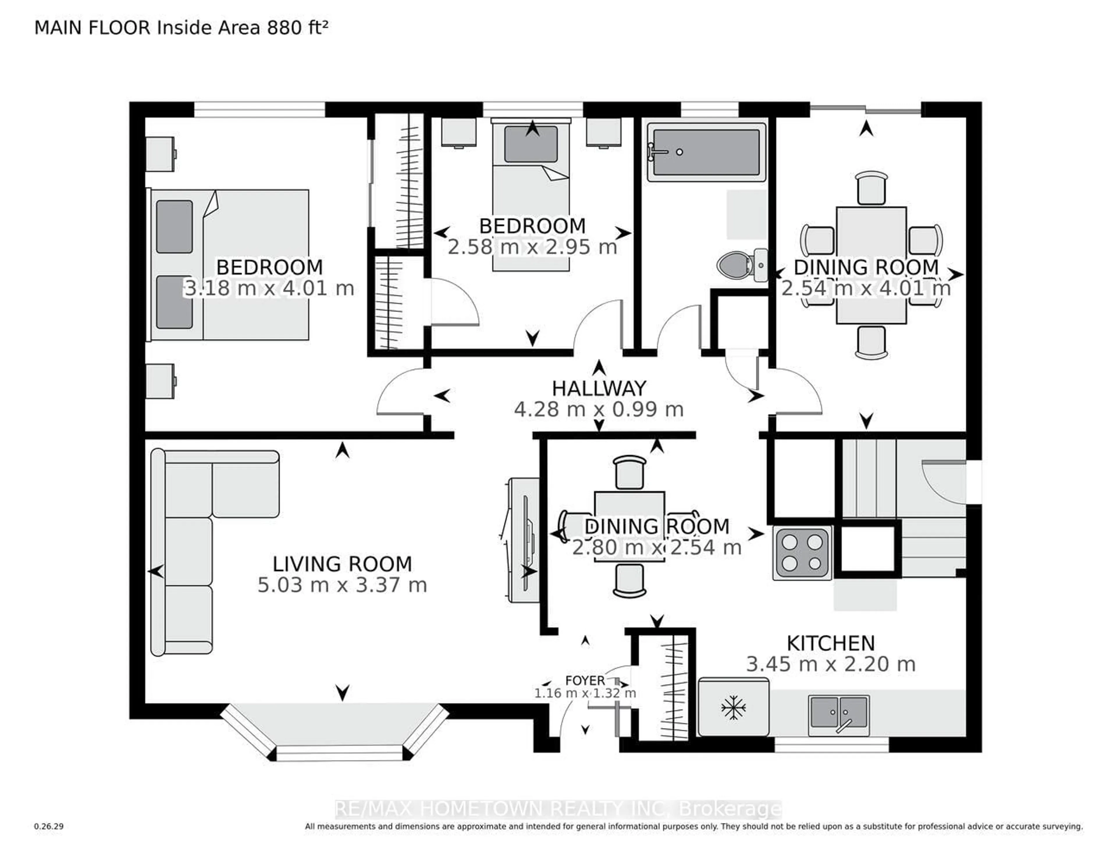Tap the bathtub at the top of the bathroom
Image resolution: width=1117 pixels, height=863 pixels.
706,152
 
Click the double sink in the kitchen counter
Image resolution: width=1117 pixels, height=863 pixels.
839,714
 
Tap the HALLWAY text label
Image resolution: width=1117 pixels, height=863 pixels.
599,388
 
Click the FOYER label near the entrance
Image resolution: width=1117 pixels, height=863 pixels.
585,680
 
